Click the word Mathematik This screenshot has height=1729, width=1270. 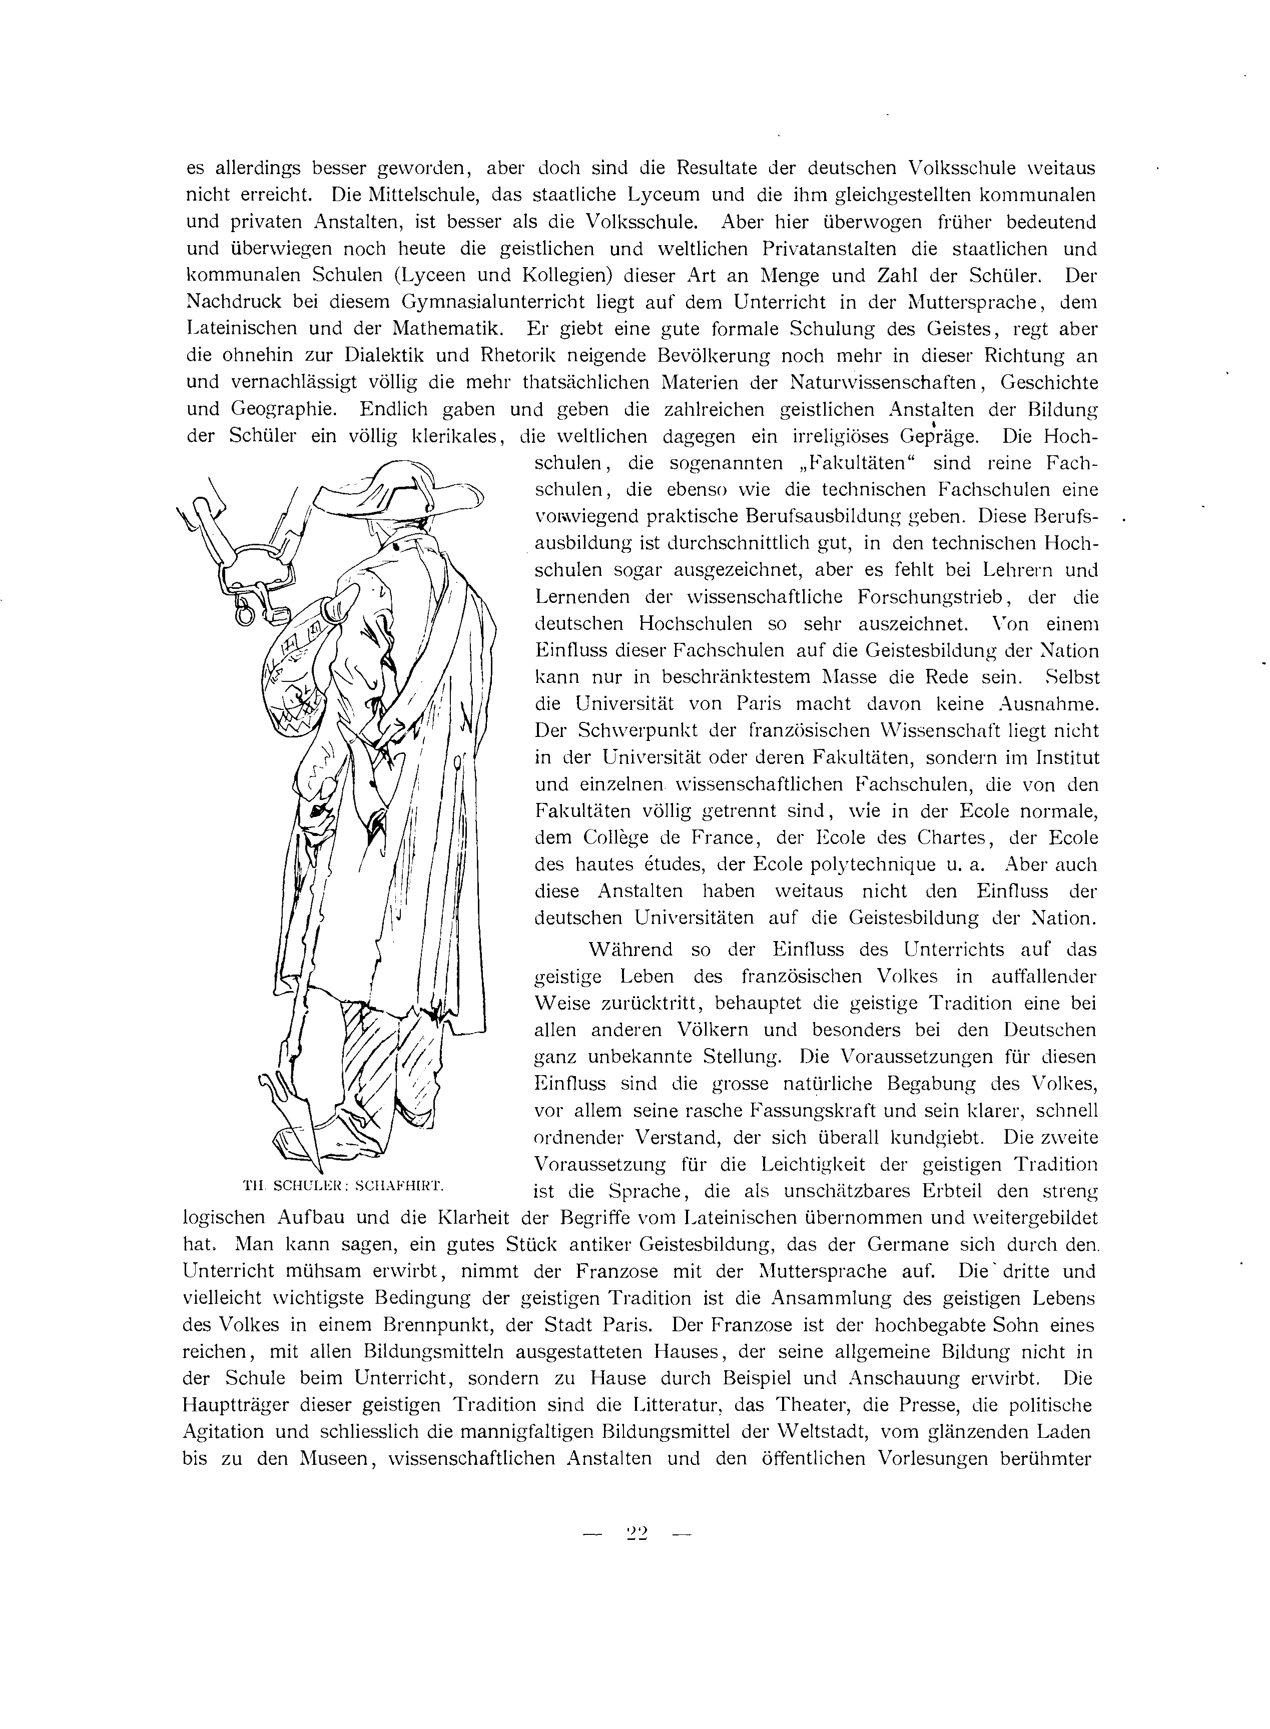tap(448, 329)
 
